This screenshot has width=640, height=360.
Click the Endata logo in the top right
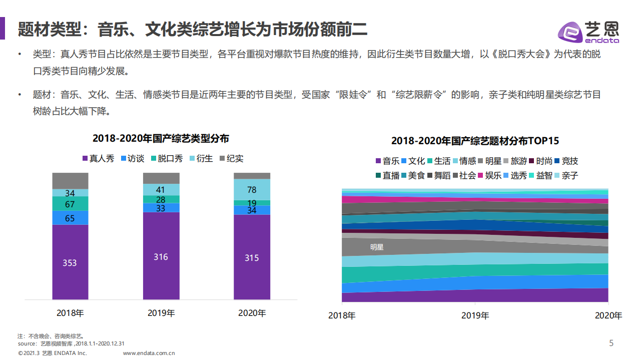coord(588,32)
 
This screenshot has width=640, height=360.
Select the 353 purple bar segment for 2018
coord(70,262)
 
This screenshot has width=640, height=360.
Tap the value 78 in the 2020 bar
coord(252,190)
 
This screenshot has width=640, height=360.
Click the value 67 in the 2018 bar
coord(70,204)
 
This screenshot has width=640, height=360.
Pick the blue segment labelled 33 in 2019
coord(161,208)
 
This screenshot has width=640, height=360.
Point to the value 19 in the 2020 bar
coord(252,203)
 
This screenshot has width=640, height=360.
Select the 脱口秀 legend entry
coord(166,159)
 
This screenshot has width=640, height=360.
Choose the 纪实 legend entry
coord(231,159)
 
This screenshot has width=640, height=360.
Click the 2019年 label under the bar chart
coord(161,313)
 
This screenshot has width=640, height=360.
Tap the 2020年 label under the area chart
coord(608,315)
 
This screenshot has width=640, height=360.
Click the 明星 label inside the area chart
coord(377,247)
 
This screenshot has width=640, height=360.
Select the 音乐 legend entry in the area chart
coord(387,161)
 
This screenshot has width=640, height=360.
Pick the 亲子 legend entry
coord(565,175)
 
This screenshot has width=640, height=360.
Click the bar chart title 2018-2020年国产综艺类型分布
coord(161,139)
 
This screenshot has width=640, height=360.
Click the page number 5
coord(611,343)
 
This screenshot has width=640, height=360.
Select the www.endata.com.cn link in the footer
coord(149,353)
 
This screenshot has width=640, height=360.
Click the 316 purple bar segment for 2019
coord(161,257)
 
